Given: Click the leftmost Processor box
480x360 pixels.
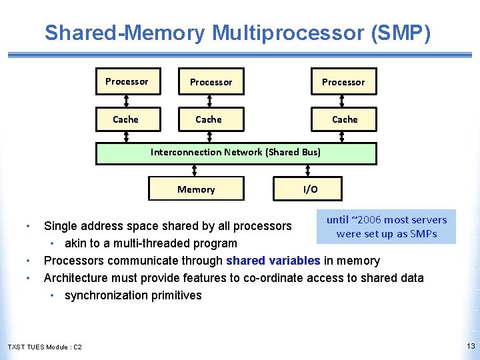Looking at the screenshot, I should coord(127,81).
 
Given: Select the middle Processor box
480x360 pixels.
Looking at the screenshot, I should coord(211,82).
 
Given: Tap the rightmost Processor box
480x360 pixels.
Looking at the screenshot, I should coord(343,82).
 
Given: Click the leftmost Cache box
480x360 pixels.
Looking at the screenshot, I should coord(127,119).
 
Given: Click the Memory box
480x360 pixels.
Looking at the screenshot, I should coord(196,189).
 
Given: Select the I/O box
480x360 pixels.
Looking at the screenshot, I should coord(310,189).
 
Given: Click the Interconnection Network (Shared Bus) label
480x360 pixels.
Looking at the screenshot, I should coord(235,152).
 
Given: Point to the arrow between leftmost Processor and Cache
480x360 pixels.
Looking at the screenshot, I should coord(127,101).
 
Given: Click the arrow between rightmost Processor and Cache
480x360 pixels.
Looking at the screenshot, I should coord(343,101).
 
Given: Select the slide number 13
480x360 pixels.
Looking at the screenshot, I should coord(471,346).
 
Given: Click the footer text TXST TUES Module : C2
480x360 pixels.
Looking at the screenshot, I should coord(45,347).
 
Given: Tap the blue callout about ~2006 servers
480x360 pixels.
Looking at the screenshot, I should coord(387,227).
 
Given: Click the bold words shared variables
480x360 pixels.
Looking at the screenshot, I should coord(273,261).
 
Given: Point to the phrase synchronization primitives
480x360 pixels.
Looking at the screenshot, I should coord(133,295).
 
